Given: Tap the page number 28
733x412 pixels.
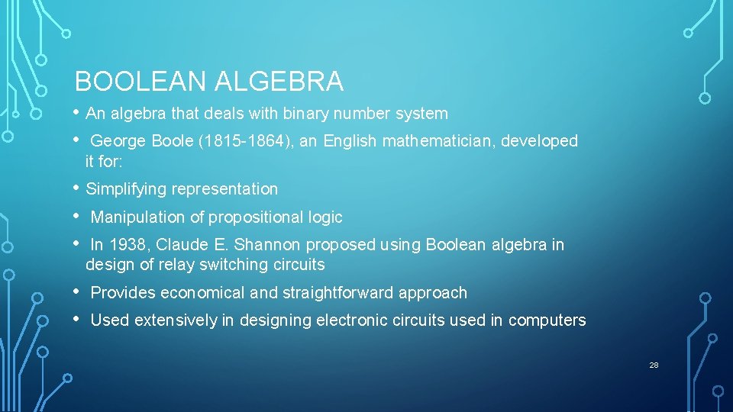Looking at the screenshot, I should [x=654, y=365].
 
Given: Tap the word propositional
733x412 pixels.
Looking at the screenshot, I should [x=255, y=217].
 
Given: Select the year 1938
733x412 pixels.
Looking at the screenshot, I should [x=128, y=245].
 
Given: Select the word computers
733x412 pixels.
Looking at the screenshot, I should [x=547, y=320].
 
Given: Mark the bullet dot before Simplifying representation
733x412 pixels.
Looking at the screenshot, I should [x=76, y=187].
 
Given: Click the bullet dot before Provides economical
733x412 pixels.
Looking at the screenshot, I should [x=76, y=291].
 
